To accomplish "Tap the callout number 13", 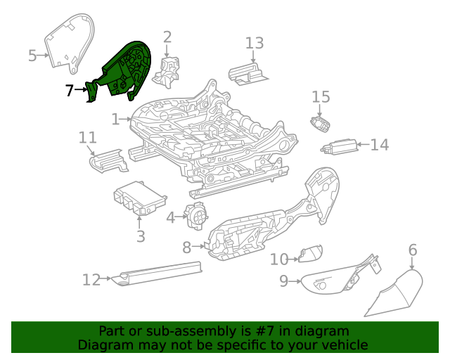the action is (255, 43).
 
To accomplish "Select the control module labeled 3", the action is (139, 198).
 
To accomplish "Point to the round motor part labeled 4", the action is (196, 216).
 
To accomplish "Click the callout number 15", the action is (321, 97).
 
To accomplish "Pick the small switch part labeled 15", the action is (320, 124).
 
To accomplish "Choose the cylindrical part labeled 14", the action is (339, 146).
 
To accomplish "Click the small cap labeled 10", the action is (311, 253).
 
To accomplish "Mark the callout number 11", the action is (87, 138).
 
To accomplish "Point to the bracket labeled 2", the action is (167, 71).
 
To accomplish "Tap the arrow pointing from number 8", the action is (198, 246).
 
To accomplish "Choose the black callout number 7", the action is (69, 90).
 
